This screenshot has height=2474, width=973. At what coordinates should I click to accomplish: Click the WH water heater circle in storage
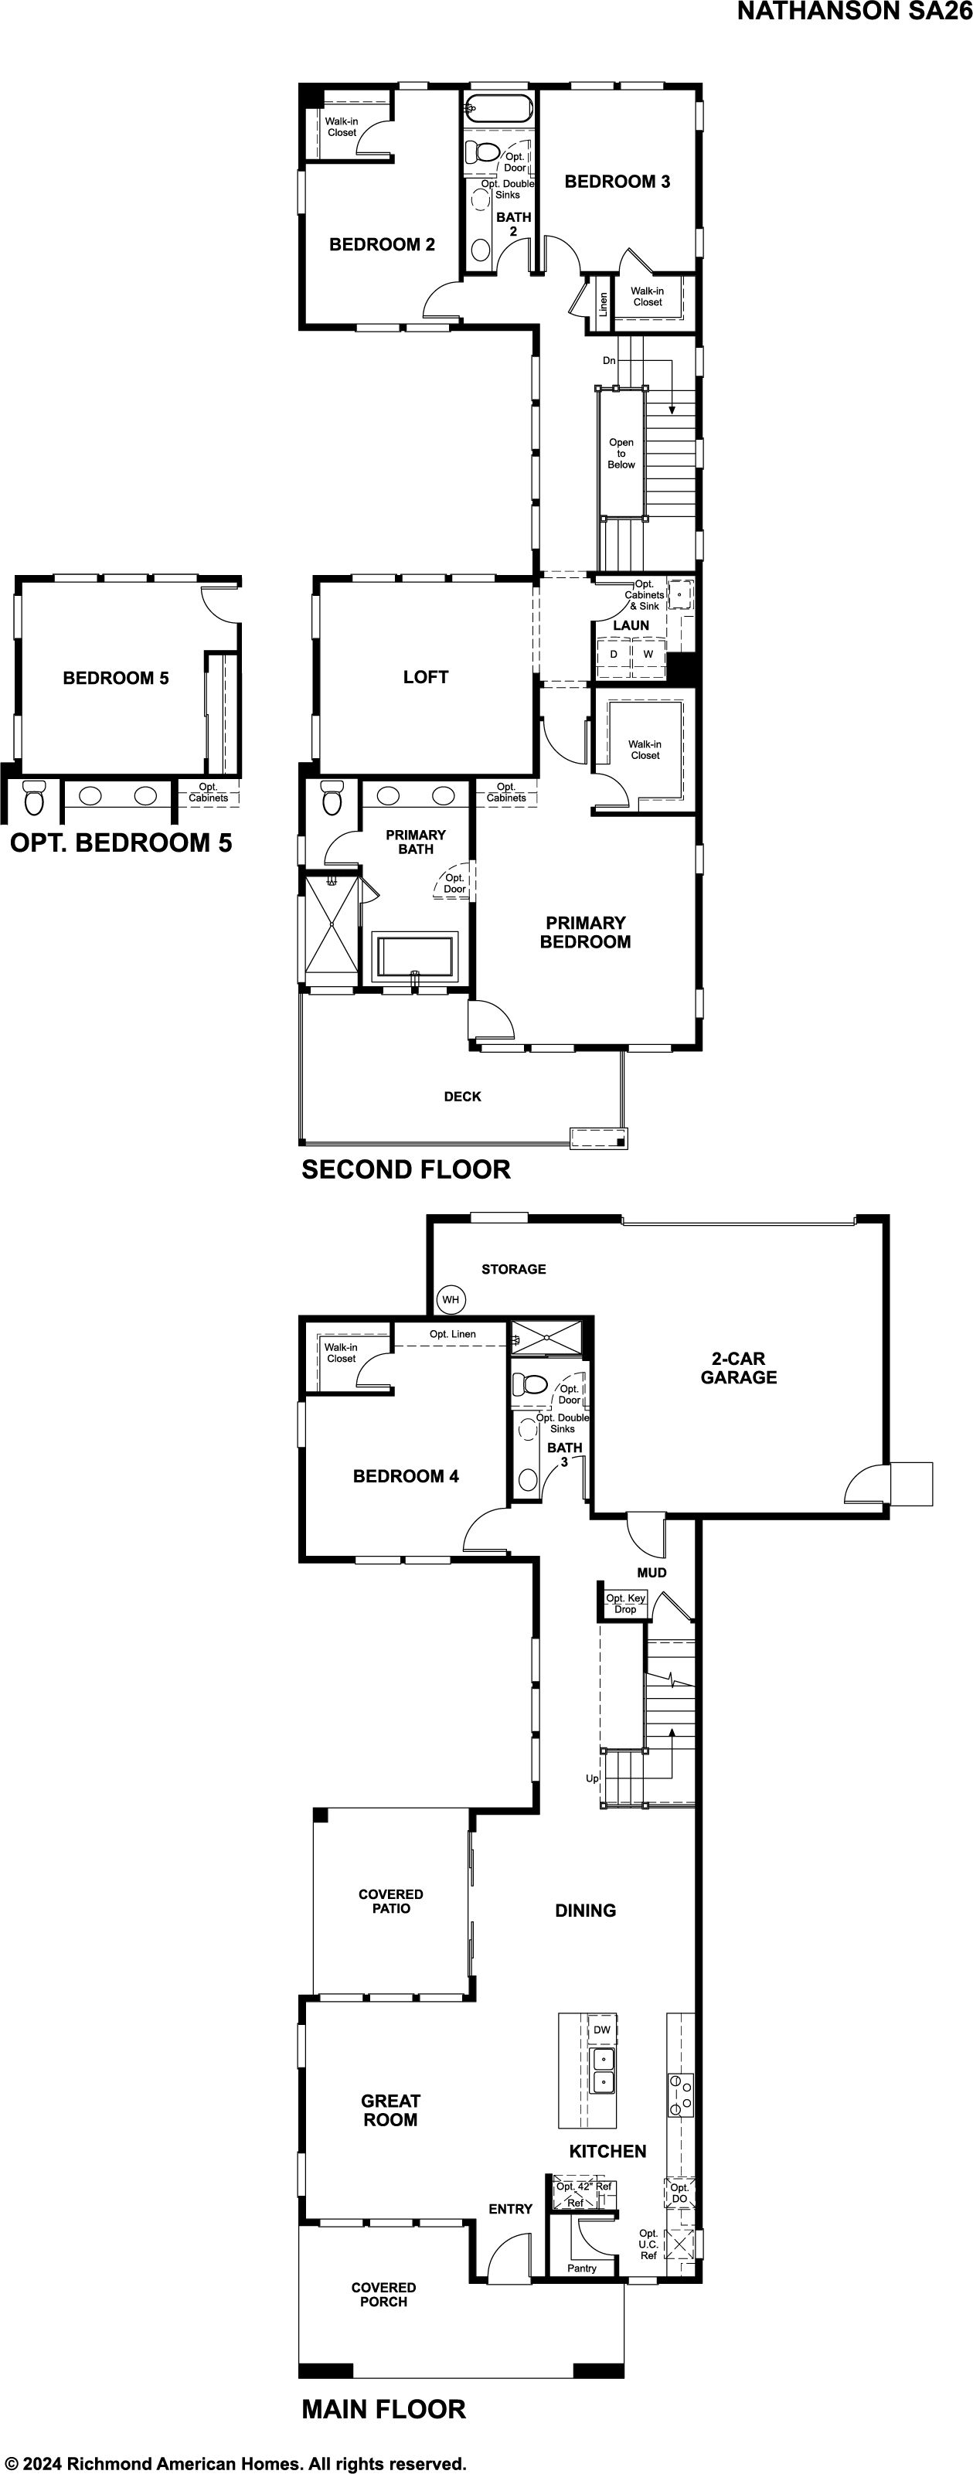click(x=451, y=1299)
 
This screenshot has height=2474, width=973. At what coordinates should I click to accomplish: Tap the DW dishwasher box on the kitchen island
click(x=602, y=2030)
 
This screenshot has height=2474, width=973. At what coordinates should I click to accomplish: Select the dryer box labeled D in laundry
click(x=614, y=654)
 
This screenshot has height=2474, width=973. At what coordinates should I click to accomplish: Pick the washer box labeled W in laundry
click(x=648, y=654)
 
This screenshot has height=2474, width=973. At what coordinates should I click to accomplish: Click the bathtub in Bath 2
click(x=498, y=108)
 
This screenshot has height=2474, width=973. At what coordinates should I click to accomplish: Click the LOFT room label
click(x=426, y=677)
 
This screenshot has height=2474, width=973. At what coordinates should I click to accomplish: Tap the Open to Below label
click(x=621, y=454)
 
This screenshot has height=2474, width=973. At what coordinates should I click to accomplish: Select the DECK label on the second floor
click(x=462, y=1096)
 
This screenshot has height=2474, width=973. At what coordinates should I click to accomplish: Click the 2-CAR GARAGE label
click(x=739, y=1367)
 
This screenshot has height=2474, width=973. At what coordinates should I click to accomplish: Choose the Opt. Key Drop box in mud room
click(x=624, y=1604)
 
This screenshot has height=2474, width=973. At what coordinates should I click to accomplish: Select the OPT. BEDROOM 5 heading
click(x=121, y=842)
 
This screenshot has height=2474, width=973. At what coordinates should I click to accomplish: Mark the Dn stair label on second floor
click(x=609, y=361)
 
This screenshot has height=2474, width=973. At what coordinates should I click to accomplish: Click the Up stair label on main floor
click(x=593, y=1778)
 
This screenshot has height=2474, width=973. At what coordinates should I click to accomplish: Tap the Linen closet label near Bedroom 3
click(x=604, y=304)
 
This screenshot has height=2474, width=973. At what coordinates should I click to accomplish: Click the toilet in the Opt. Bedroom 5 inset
click(x=35, y=797)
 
